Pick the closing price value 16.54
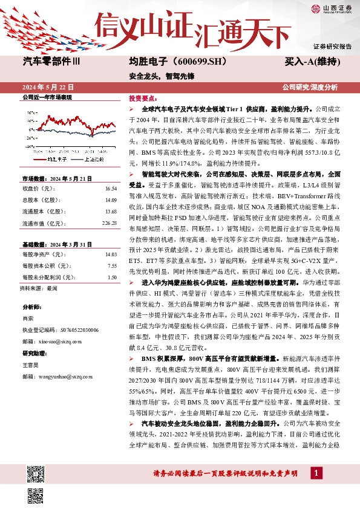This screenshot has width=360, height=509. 110,189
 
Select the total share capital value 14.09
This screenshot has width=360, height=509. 110,200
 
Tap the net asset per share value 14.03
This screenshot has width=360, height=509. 110,255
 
